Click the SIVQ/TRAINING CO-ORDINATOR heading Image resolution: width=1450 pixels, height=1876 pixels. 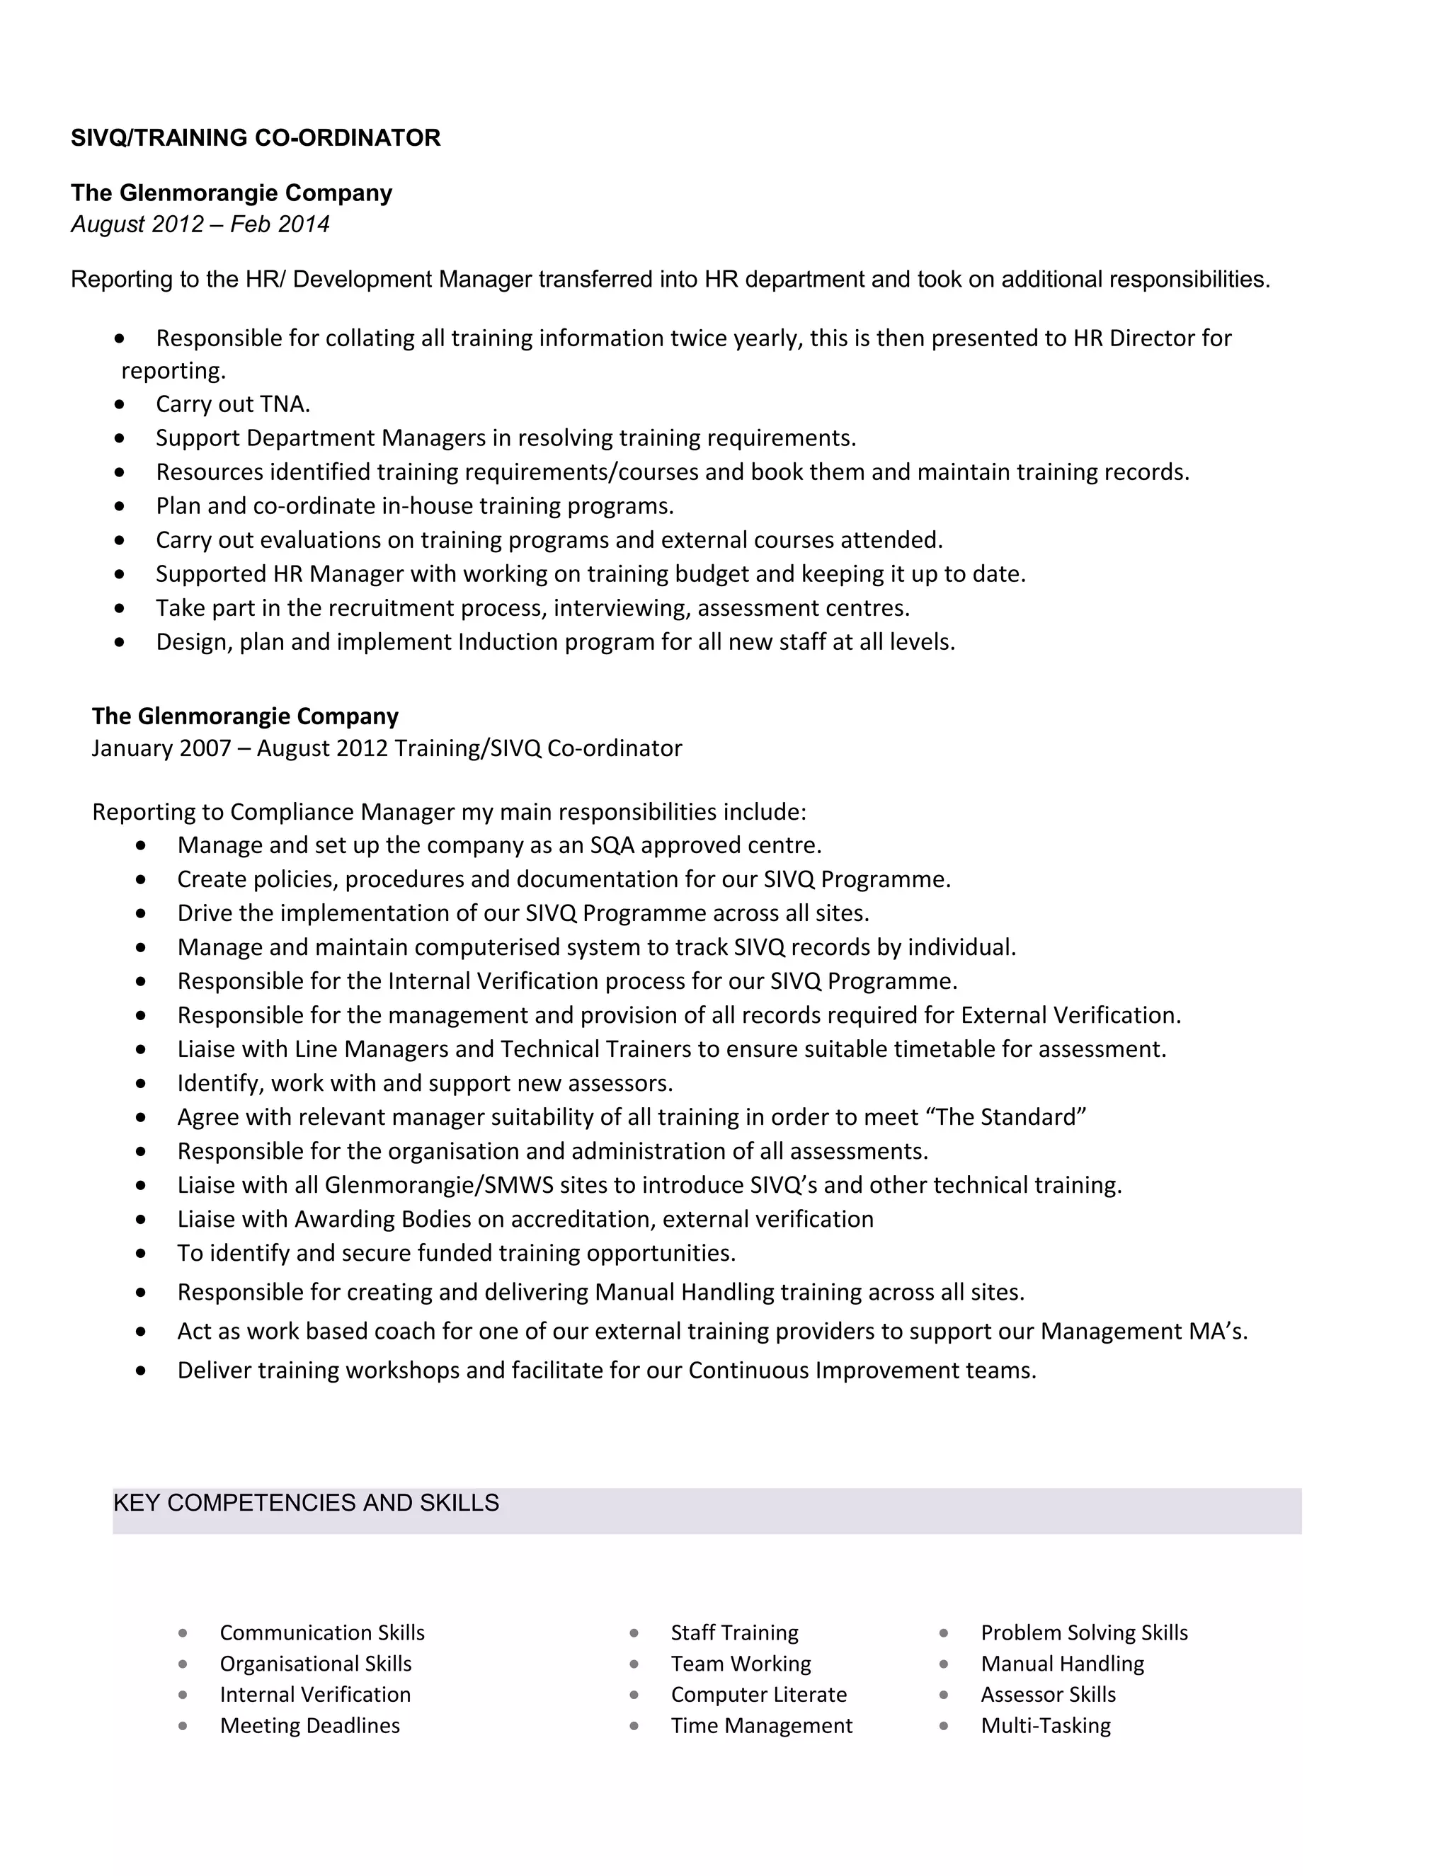[x=255, y=137]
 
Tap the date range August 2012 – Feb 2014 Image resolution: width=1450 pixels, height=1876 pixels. [x=200, y=224]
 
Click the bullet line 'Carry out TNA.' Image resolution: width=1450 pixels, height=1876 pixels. [x=233, y=404]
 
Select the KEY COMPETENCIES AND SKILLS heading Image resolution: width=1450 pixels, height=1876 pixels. [x=306, y=1502]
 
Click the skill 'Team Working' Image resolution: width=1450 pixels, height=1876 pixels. [x=741, y=1663]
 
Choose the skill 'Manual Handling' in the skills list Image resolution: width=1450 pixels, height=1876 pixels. [x=1063, y=1663]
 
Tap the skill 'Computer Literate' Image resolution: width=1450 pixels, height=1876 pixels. [x=758, y=1694]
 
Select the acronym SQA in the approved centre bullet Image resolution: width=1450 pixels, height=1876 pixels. [x=612, y=845]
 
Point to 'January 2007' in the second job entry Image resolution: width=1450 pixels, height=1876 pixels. [x=161, y=748]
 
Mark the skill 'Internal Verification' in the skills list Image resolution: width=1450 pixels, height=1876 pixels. [x=315, y=1694]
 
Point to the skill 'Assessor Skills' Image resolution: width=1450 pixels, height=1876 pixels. [x=1048, y=1694]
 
